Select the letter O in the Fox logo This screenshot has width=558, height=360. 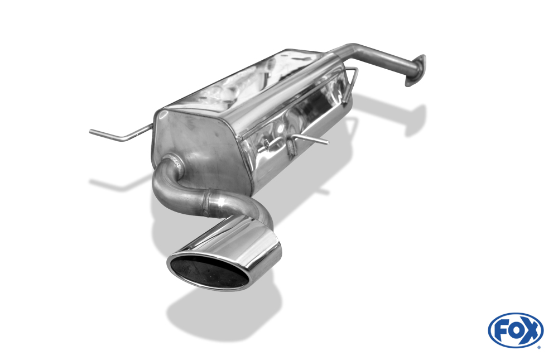pyautogui.click(x=515, y=330)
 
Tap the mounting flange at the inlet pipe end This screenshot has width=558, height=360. pyautogui.click(x=415, y=70)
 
